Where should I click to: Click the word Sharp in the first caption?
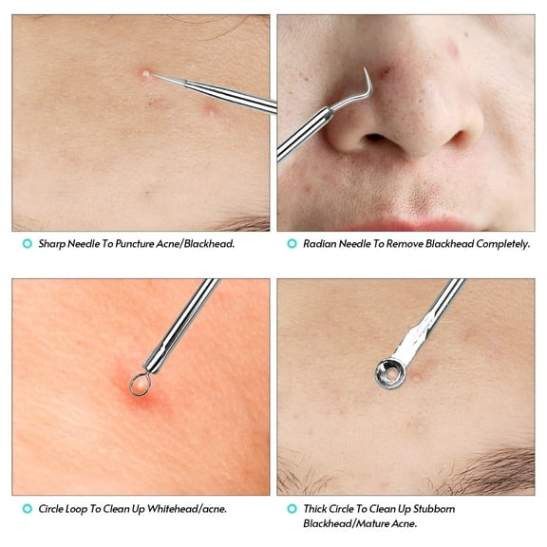[53, 244]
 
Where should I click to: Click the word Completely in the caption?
[499, 244]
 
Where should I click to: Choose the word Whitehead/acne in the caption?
[190, 509]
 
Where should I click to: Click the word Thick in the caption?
[318, 509]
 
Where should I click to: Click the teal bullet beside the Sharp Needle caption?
[27, 244]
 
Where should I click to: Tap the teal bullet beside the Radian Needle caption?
[292, 244]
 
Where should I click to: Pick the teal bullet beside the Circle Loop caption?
[27, 509]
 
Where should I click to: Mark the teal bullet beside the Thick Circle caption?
[292, 509]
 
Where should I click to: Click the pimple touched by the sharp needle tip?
[144, 73]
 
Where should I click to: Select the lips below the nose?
[399, 224]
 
